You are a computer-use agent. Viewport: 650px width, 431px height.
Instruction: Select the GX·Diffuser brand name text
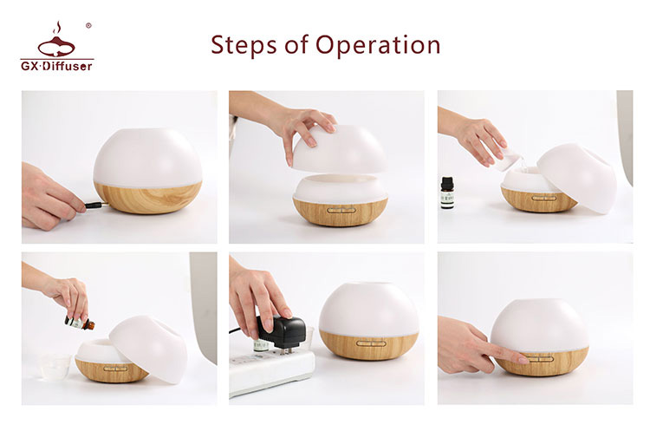[57, 65]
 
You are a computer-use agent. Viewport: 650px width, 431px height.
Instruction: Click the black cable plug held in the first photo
[90, 206]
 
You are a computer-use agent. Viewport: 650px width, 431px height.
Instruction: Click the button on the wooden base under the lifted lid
[341, 209]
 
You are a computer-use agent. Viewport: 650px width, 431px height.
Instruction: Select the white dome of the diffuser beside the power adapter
[368, 306]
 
